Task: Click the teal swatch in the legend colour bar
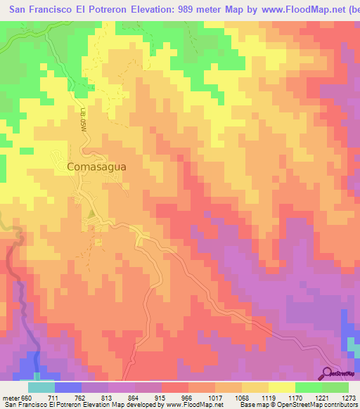[x=41, y=388]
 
